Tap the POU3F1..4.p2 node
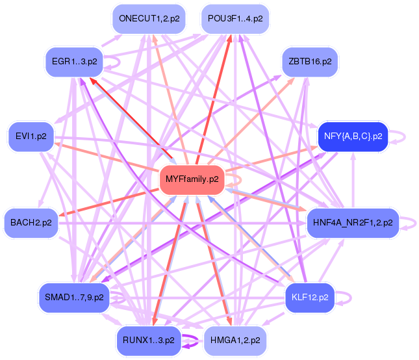(x=235, y=19)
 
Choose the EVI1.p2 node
(x=30, y=136)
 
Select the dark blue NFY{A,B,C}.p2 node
(x=352, y=136)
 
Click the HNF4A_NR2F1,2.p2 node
(x=351, y=222)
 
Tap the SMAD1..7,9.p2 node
(x=73, y=297)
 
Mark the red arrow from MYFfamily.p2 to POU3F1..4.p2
(x=214, y=97)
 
